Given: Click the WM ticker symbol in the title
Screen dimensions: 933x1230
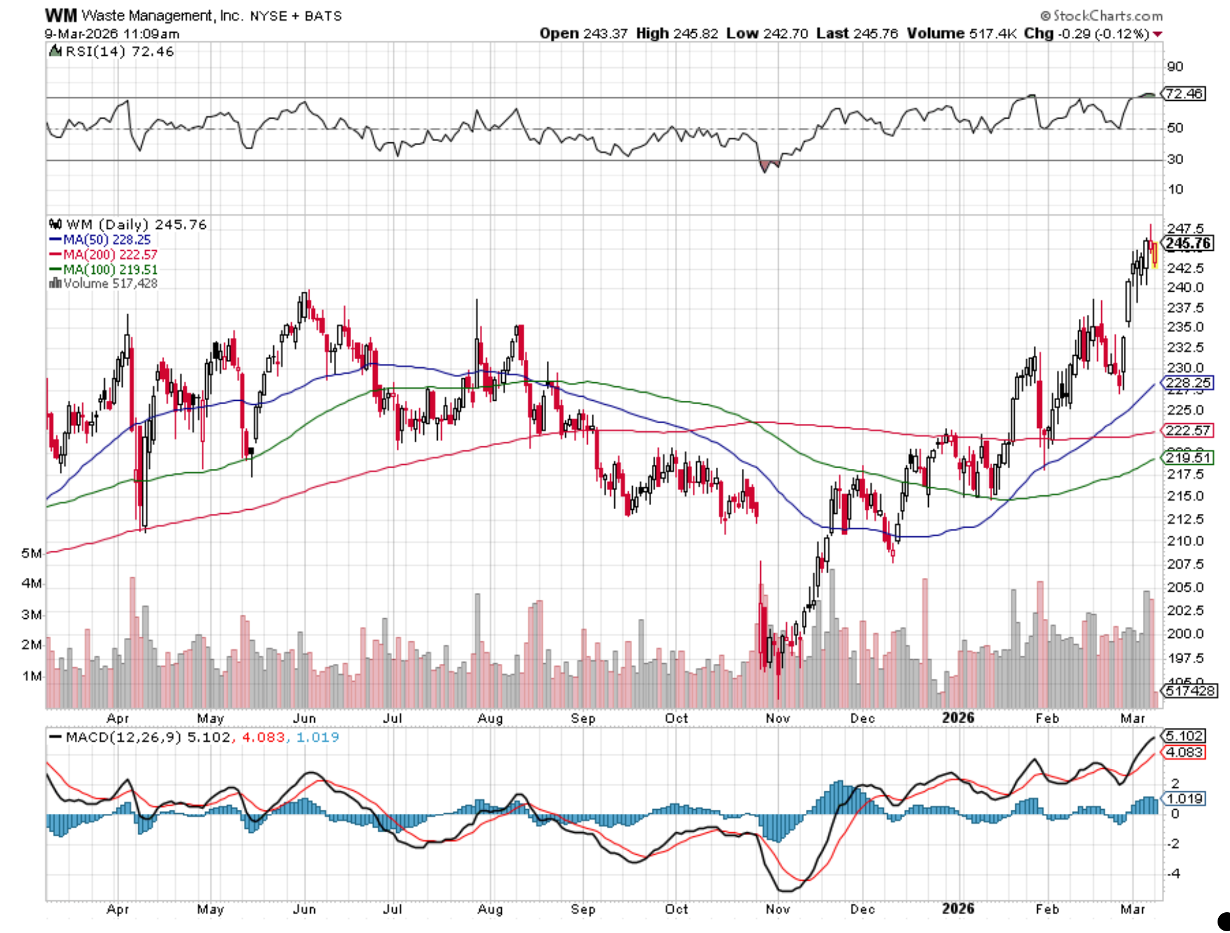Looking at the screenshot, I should tap(60, 15).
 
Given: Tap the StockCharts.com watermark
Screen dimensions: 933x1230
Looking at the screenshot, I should tap(1101, 15).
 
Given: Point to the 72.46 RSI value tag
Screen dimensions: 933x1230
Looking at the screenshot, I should tap(1184, 94).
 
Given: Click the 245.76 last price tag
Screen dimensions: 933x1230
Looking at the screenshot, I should tap(1188, 243).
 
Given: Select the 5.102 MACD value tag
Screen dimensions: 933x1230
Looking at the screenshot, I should tap(1184, 736).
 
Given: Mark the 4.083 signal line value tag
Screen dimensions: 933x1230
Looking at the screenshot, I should tap(1184, 752).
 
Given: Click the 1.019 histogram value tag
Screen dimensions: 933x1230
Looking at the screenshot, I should tap(1184, 798).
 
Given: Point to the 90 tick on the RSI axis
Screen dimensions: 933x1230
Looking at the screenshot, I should tap(1174, 66).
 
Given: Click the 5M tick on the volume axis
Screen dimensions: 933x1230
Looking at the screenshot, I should tap(31, 553).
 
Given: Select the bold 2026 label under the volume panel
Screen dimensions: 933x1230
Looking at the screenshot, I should tap(958, 718).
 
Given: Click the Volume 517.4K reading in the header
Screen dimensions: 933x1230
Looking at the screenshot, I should tap(961, 33).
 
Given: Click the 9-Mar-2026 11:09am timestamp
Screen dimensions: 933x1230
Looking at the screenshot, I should tap(111, 34).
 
